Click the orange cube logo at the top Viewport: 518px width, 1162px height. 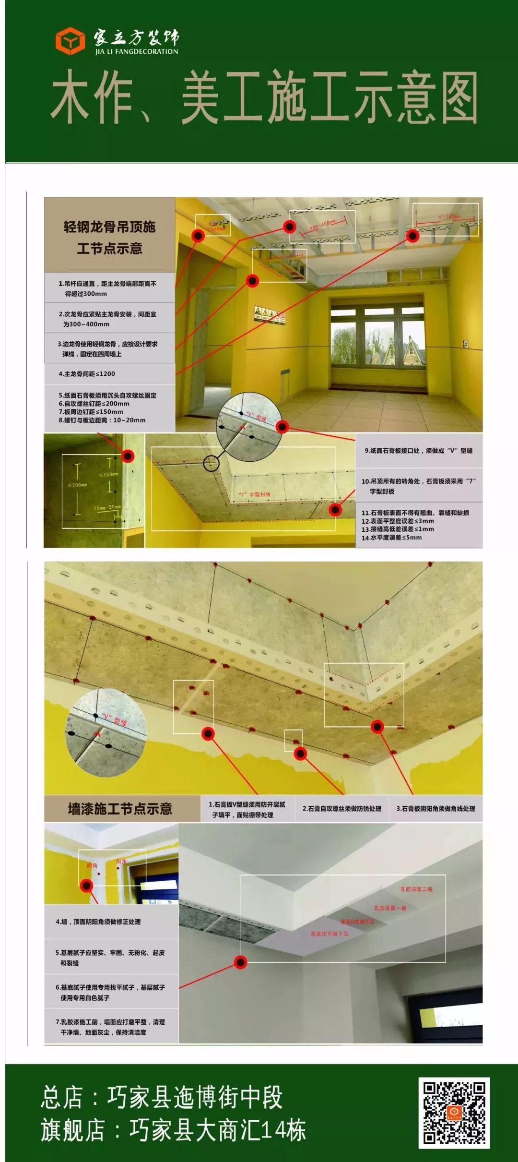70,41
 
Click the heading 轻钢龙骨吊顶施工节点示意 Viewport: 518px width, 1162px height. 110,237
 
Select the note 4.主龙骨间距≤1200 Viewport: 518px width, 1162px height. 87,373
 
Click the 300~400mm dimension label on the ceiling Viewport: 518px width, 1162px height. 322,225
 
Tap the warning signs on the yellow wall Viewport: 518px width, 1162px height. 270,315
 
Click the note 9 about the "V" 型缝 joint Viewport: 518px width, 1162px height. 419,451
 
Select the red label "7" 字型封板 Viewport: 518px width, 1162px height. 255,494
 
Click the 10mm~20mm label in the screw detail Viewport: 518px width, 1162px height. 107,507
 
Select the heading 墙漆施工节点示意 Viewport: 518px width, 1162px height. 120,809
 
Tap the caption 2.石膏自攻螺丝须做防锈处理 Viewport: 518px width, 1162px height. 342,809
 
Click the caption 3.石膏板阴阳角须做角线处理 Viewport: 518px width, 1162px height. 436,809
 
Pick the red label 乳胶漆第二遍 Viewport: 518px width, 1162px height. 416,889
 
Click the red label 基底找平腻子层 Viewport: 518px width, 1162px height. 330,934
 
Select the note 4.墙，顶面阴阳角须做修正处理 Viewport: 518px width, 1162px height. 98,922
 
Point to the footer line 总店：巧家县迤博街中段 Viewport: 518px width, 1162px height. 162,1097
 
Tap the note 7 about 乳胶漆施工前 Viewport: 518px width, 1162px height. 110,1027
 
